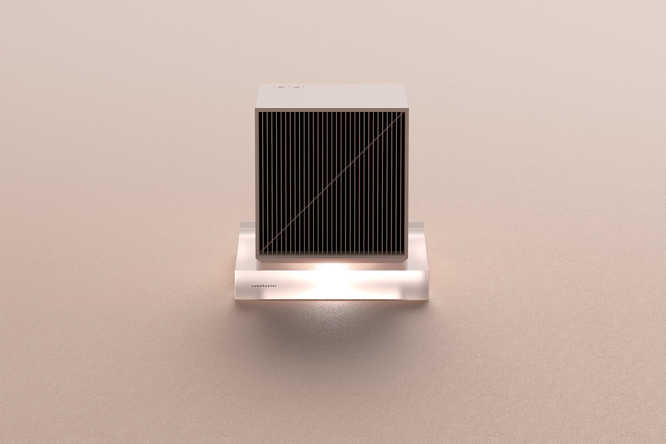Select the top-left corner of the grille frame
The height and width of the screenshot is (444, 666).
[257, 111]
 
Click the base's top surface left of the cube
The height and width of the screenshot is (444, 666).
[246, 259]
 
